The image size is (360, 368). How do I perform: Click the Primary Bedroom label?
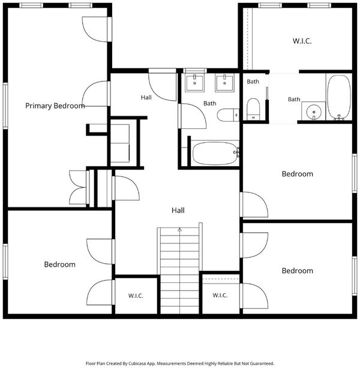[x=55, y=106]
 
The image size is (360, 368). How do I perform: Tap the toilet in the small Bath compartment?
[x=253, y=109]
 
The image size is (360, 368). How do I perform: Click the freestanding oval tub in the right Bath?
[x=339, y=97]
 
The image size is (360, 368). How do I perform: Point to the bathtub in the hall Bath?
[x=215, y=153]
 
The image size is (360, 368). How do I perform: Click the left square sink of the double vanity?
[x=194, y=83]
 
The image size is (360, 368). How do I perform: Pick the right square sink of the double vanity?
[x=224, y=83]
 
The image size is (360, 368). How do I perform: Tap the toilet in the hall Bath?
[x=228, y=115]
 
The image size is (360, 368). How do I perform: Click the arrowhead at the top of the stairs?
[x=180, y=230]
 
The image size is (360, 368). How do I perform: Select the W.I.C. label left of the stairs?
[x=136, y=295]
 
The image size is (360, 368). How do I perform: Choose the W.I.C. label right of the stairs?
[x=220, y=295]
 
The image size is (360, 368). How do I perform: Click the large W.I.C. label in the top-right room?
[x=302, y=41]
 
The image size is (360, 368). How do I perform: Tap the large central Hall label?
[x=178, y=210]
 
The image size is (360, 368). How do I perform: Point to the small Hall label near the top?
[x=146, y=98]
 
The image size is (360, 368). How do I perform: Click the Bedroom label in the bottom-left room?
[x=59, y=264]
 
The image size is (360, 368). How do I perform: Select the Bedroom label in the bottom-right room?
[x=297, y=270]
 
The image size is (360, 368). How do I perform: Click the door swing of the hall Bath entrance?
[x=193, y=116]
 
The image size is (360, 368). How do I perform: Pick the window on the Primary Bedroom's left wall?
[x=5, y=105]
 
